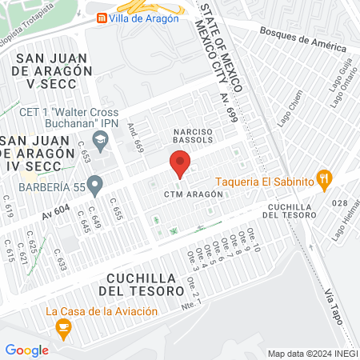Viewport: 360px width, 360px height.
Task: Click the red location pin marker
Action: [x=180, y=165]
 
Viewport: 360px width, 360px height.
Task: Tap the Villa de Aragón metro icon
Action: [x=102, y=18]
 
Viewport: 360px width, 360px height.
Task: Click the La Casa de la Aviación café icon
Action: [x=63, y=326]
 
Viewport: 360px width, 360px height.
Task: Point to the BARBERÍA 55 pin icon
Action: [x=94, y=186]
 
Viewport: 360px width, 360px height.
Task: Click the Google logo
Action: [x=26, y=350]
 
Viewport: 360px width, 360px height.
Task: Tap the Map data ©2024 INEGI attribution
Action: [x=311, y=353]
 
